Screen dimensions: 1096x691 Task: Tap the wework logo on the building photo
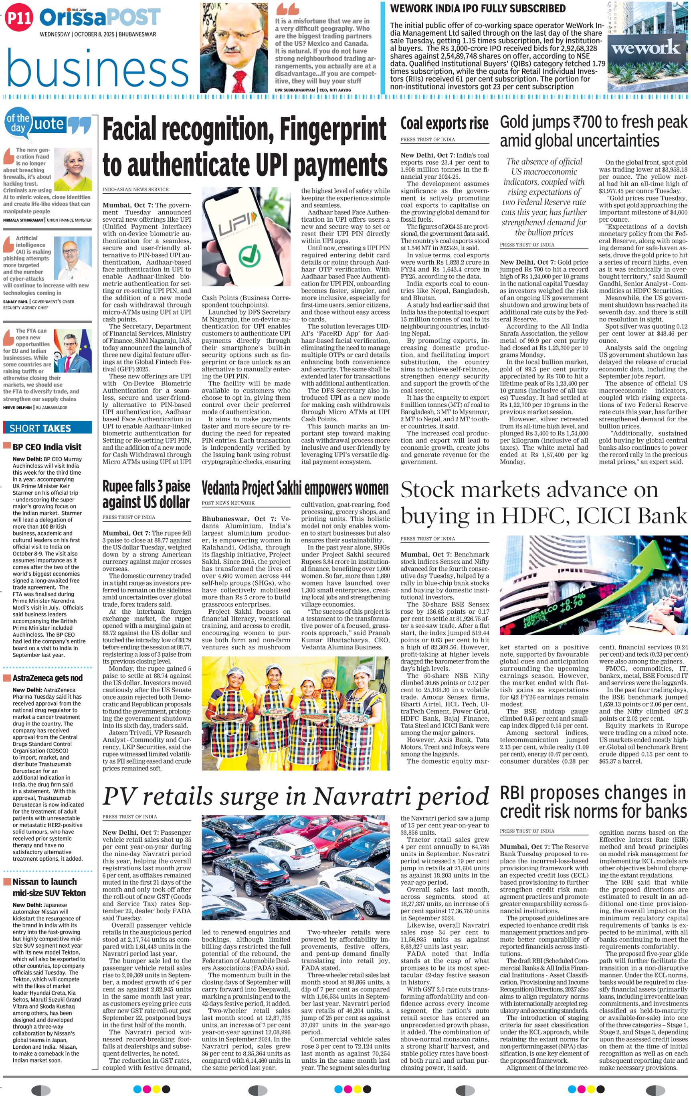(646, 47)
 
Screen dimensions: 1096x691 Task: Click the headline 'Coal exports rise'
(444, 123)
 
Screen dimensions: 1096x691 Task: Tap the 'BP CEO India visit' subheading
(47, 447)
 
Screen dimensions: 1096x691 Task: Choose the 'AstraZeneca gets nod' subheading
(47, 678)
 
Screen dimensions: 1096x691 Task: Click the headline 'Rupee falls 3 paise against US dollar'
(146, 494)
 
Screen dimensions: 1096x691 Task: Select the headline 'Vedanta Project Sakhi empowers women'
(295, 488)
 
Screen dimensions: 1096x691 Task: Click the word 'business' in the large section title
(97, 68)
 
